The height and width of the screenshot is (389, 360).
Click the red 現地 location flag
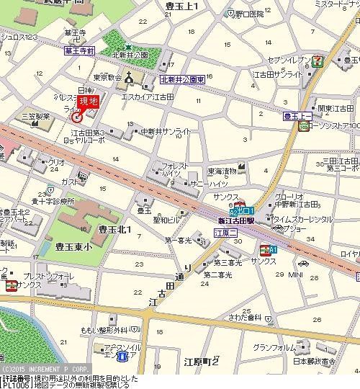[x=87, y=102]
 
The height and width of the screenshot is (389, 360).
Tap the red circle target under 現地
[x=76, y=117]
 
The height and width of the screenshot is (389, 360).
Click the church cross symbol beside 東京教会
[x=130, y=78]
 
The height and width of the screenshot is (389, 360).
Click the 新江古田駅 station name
[x=237, y=221]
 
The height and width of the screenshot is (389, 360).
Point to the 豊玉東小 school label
[x=74, y=246]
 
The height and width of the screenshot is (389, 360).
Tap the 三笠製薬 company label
[x=35, y=115]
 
